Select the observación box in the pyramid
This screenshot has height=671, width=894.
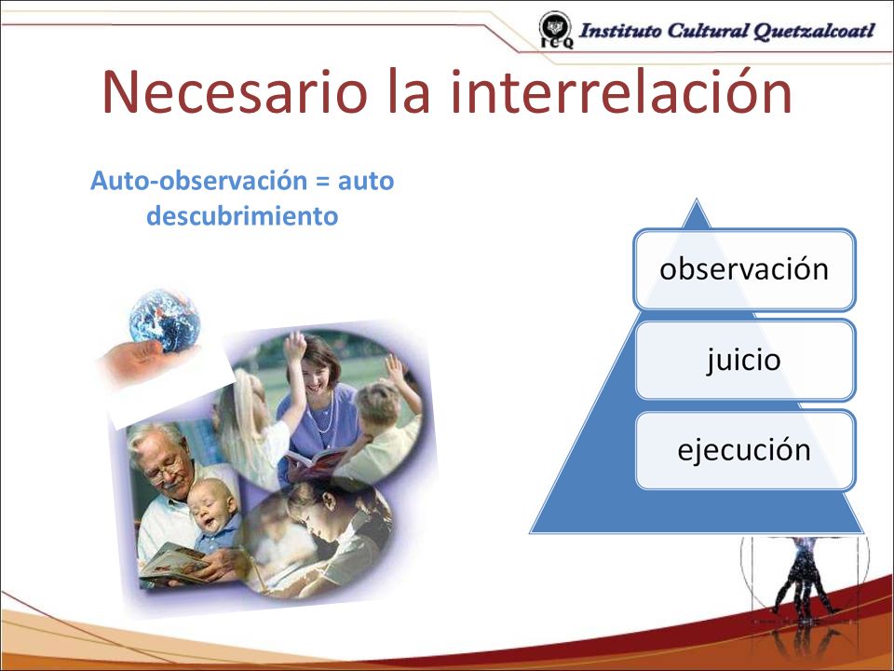coord(745,270)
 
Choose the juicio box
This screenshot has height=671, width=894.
coord(745,360)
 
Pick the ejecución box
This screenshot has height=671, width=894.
coord(745,450)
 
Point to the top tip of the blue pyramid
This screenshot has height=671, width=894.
coord(697,199)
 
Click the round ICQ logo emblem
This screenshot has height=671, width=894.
coord(555,30)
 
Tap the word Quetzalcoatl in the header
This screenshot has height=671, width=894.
coord(814,31)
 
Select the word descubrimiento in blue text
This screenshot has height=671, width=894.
coord(242,215)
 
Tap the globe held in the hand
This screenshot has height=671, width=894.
coord(165,320)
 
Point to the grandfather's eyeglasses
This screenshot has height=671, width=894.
coord(167,469)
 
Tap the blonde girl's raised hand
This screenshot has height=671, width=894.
coord(295,346)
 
